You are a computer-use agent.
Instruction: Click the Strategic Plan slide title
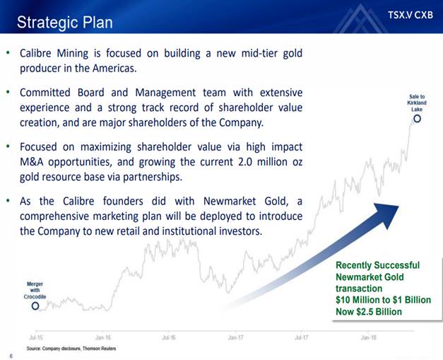click(65, 23)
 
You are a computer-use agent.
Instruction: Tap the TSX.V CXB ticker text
click(410, 15)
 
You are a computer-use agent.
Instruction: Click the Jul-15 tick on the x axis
click(36, 337)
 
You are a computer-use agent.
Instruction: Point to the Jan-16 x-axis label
click(103, 337)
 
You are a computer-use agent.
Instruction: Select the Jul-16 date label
click(169, 337)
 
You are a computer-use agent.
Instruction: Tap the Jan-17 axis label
click(235, 337)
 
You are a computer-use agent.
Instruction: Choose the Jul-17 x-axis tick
click(302, 337)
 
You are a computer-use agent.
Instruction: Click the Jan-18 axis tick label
click(369, 337)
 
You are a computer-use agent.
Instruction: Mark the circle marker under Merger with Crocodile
click(35, 306)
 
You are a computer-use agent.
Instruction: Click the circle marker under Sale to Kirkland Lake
click(417, 119)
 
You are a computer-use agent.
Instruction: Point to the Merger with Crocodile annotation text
click(35, 290)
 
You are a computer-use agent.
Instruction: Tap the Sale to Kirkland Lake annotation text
click(417, 103)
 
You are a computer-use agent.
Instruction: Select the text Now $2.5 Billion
click(369, 312)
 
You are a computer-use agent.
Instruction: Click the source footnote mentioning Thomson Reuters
click(71, 349)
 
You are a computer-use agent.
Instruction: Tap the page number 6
click(11, 356)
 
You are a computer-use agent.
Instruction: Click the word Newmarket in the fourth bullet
click(230, 201)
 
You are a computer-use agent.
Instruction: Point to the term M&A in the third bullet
click(31, 162)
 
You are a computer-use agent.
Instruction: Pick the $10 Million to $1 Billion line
click(384, 300)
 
